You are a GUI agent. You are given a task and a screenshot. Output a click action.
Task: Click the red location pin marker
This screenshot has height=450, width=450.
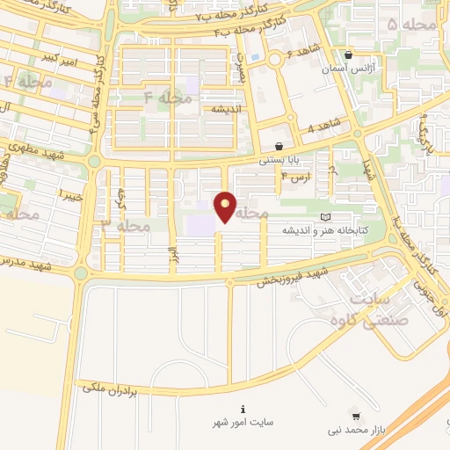click(x=226, y=206)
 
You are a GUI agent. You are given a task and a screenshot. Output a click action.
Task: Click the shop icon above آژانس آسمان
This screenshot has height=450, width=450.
click(x=350, y=54)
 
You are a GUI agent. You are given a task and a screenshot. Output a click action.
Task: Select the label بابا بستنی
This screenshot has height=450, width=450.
click(x=279, y=161)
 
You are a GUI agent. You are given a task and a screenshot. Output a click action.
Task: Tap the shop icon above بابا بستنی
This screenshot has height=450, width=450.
click(x=279, y=147)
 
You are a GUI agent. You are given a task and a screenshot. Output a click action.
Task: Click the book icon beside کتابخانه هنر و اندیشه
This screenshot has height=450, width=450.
click(x=326, y=216)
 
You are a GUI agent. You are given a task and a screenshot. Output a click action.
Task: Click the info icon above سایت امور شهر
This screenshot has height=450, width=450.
click(x=243, y=408)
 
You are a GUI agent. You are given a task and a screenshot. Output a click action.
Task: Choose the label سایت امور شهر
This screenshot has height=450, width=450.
click(x=243, y=422)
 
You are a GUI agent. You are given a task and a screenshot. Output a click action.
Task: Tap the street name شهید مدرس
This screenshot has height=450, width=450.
click(x=26, y=261)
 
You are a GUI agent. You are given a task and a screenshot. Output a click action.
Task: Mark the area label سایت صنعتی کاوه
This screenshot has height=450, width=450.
click(x=386, y=308)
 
